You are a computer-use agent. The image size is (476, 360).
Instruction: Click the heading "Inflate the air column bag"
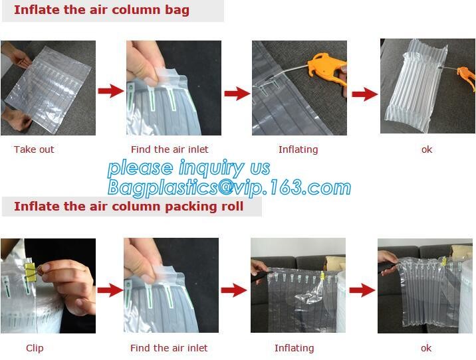coord(102,10)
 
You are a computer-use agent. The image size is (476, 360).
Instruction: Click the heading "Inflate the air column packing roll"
coord(129,207)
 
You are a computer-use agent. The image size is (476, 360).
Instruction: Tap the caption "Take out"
coord(34,149)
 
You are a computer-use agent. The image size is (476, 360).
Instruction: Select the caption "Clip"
coord(35,348)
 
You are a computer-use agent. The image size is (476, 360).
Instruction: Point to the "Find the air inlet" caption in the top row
coord(170,149)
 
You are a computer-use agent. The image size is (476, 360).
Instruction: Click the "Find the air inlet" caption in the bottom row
coord(169,348)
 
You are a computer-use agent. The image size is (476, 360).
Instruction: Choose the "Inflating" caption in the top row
coord(298,149)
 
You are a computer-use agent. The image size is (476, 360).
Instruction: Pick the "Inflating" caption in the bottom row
coord(294,348)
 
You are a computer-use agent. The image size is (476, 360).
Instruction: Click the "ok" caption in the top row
coord(427,149)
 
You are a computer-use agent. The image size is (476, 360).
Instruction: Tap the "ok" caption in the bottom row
coord(426,348)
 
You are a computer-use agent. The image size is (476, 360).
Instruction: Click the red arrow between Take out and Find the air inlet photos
coord(111,91)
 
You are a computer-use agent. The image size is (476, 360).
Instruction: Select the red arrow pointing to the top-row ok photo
coord(364,94)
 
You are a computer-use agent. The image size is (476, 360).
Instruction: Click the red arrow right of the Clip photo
coord(110,290)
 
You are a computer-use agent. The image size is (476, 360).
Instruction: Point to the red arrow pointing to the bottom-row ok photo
coord(362,290)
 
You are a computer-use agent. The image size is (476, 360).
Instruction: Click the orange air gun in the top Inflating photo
coord(328,69)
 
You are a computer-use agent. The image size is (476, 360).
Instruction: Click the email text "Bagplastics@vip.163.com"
coord(229,187)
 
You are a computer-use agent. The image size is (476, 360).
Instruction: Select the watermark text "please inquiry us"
coord(189,168)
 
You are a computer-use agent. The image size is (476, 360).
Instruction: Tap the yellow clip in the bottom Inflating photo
coord(322,276)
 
